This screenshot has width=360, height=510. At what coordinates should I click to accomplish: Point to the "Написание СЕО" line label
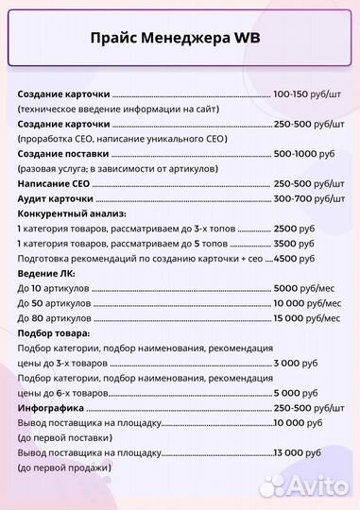coord(53,184)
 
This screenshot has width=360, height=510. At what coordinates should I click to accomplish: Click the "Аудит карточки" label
coord(55,199)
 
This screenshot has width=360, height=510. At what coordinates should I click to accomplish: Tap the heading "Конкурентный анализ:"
coord(72,214)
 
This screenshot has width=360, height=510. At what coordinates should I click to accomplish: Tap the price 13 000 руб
coord(295,453)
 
